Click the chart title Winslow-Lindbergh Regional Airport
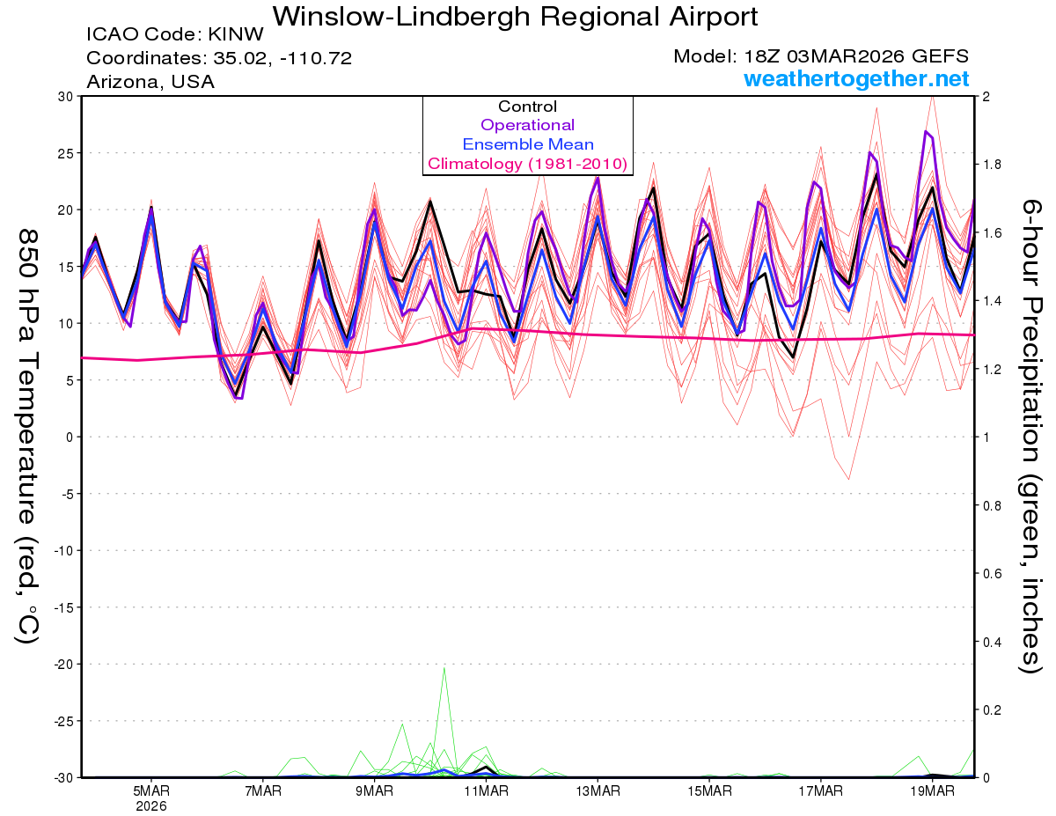pyautogui.click(x=515, y=16)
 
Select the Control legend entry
pyautogui.click(x=527, y=107)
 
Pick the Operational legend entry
pyautogui.click(x=527, y=125)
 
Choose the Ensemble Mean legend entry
pyautogui.click(x=527, y=144)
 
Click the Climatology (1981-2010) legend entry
pyautogui.click(x=527, y=164)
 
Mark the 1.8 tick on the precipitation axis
pyautogui.click(x=989, y=165)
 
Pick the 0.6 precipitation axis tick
pyautogui.click(x=989, y=573)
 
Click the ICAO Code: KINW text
pyautogui.click(x=174, y=35)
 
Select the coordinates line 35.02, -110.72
pyautogui.click(x=219, y=58)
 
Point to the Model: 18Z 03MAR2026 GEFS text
pyautogui.click(x=821, y=56)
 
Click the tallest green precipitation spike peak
pyautogui.click(x=444, y=667)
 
